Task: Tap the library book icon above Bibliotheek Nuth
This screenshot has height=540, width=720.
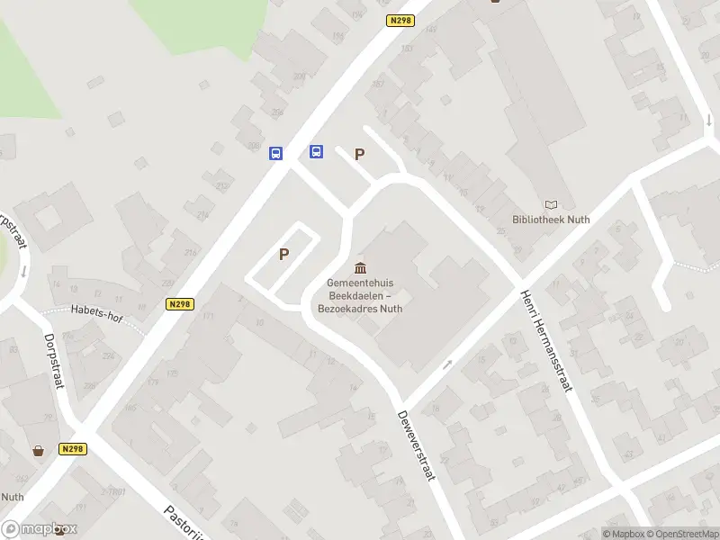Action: (550, 205)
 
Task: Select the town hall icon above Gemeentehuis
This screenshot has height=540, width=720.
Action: (361, 267)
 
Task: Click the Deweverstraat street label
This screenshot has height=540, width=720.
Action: (416, 445)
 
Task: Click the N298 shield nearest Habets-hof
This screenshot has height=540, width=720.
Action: (179, 304)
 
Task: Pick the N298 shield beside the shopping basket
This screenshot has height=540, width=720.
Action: (74, 448)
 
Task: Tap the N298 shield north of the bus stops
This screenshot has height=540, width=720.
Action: (401, 20)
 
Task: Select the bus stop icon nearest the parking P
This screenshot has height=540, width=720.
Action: (317, 151)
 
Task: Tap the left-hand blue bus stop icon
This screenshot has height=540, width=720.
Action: (276, 153)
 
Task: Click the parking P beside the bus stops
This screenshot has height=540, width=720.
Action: (360, 154)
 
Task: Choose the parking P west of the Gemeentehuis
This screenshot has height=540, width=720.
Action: (284, 254)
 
